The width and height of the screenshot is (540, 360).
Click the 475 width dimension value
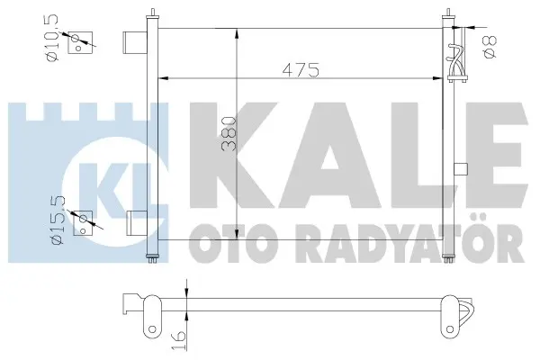[x=301, y=70]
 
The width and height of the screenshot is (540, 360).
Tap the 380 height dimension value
[x=229, y=134]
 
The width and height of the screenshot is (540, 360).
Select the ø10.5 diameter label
[x=52, y=38]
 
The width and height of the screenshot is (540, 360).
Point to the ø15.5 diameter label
[x=58, y=220]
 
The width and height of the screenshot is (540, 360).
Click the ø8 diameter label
[x=490, y=47]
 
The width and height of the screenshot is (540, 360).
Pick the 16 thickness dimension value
[x=178, y=340]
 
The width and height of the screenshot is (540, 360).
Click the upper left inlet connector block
[x=135, y=42]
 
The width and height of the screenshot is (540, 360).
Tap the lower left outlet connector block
[x=137, y=223]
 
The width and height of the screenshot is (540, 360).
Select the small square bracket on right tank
[x=461, y=169]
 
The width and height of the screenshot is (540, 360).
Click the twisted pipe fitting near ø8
[x=456, y=62]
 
